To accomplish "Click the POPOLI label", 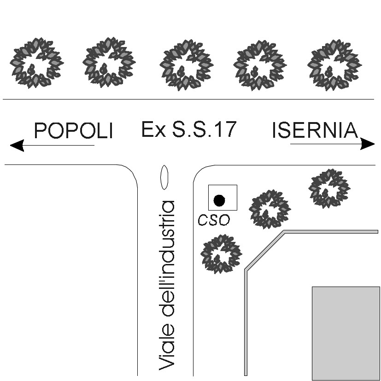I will (74, 131).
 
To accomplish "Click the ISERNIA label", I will (315, 131).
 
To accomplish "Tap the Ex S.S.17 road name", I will (188, 129).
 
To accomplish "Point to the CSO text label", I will (213, 221).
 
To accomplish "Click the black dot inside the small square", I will (219, 200).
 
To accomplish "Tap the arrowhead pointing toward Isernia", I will (368, 144).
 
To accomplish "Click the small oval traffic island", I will (164, 177).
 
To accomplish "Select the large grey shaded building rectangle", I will (346, 333).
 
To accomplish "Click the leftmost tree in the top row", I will (36, 63).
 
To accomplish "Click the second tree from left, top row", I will (109, 63).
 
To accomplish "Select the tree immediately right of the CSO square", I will (270, 209).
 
